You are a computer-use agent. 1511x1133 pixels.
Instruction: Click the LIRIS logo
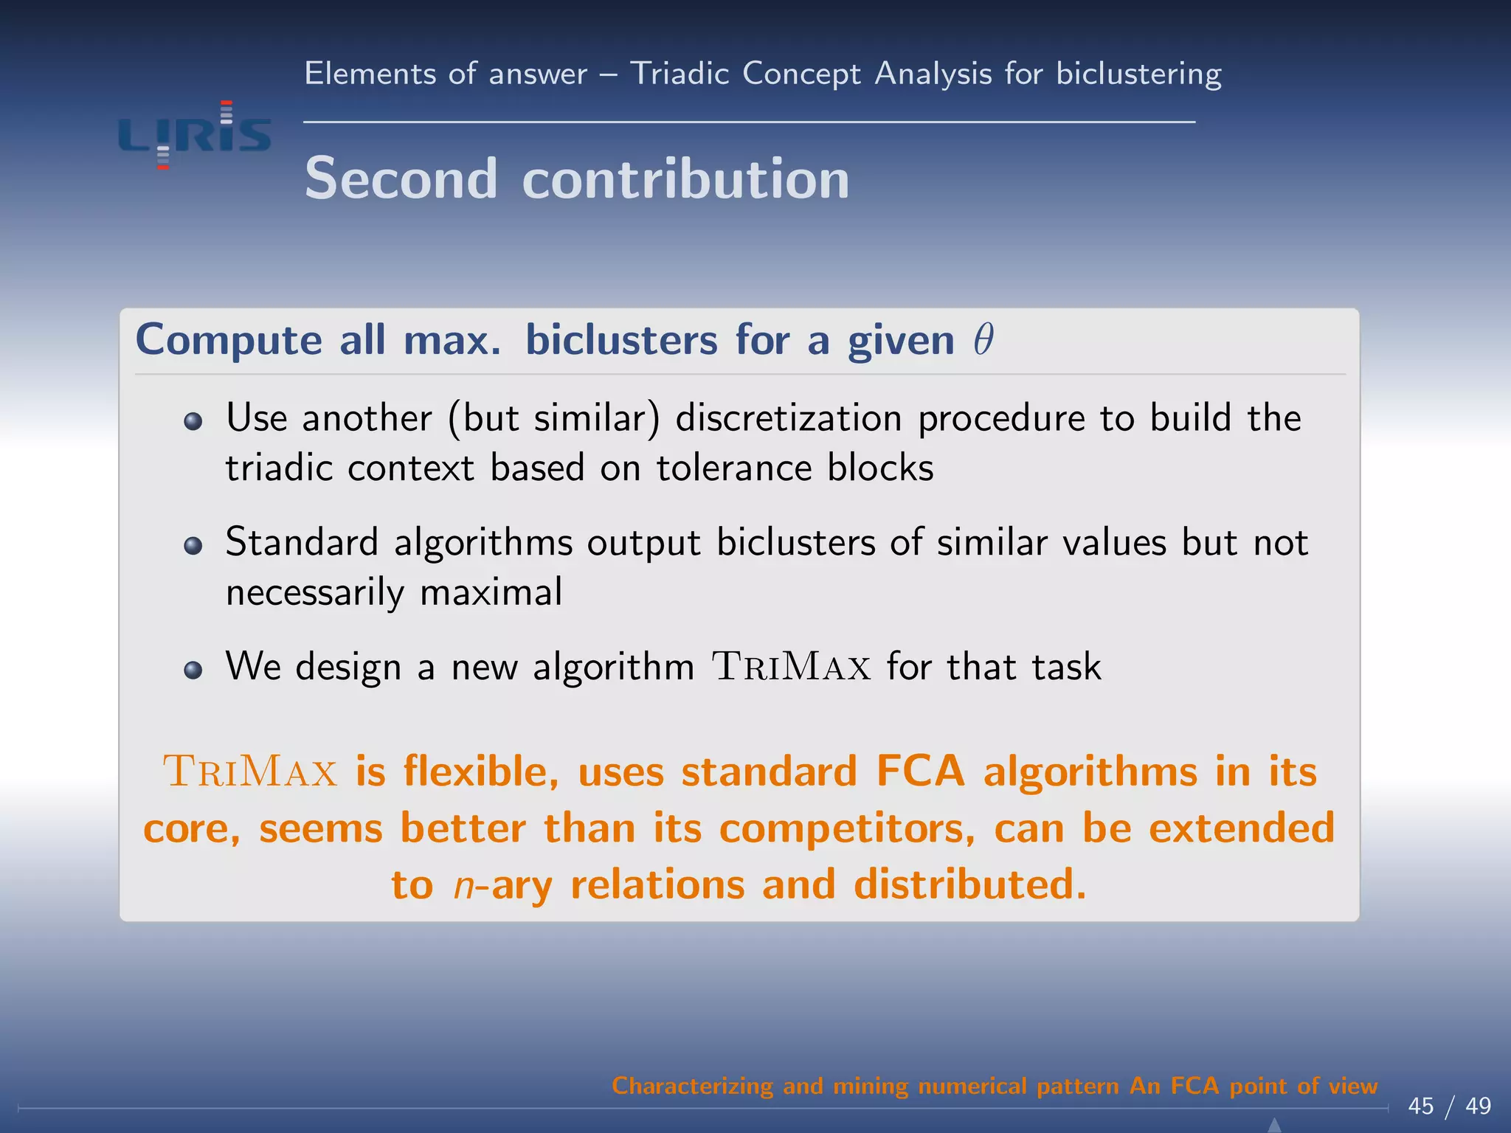pos(195,136)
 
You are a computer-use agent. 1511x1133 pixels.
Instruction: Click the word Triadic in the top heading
pos(680,74)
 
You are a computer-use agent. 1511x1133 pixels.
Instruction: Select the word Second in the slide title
pos(401,179)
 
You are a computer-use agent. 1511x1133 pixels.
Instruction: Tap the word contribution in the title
pos(685,179)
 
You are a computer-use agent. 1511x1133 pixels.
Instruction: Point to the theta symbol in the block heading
pos(983,339)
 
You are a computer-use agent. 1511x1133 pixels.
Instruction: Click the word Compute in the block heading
pos(229,341)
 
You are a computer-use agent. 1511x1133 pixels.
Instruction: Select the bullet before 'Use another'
pos(193,421)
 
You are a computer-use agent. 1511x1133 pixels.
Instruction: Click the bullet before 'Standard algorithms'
pos(193,545)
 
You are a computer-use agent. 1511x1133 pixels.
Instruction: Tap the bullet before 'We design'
pos(193,669)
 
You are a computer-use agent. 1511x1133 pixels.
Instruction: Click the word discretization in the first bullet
pos(789,418)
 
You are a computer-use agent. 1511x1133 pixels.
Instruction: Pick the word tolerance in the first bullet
pos(733,468)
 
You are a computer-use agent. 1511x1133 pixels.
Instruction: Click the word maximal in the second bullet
pos(491,592)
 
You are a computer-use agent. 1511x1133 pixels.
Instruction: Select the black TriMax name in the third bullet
pos(791,667)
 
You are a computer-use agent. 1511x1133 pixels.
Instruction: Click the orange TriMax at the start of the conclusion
pos(250,772)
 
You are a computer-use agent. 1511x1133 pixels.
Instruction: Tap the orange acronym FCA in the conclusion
pos(920,772)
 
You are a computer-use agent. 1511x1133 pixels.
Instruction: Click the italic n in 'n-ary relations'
pos(463,885)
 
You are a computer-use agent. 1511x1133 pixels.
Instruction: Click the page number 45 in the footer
pos(1420,1106)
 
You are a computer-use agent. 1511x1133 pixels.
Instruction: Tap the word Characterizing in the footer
pos(692,1086)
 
